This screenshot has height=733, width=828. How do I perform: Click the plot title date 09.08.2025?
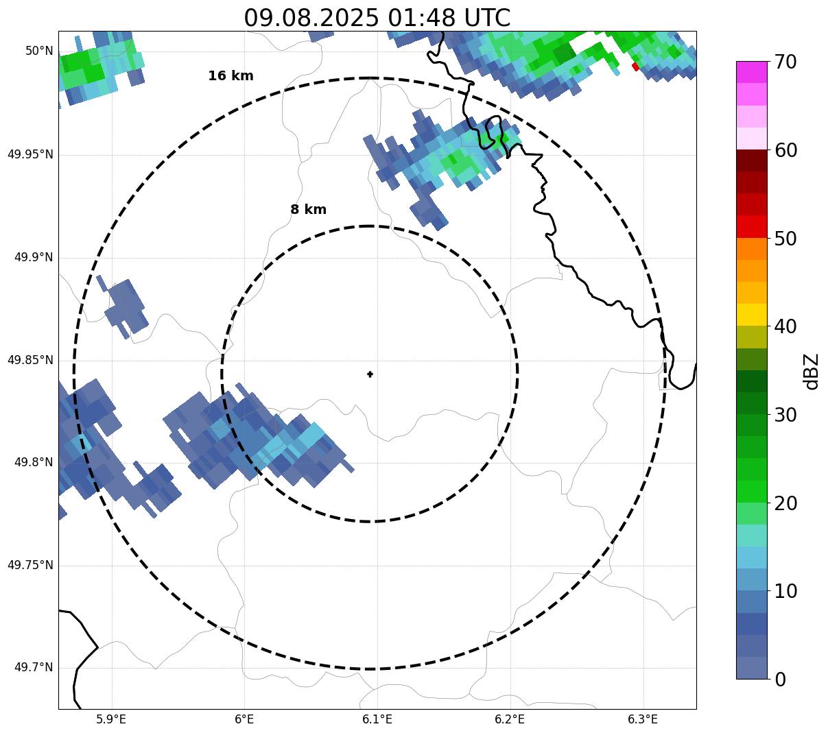tap(311, 18)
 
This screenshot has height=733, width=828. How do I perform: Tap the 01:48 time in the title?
tap(422, 18)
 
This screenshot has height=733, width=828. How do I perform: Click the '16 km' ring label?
tap(230, 76)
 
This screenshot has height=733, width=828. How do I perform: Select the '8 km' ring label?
tap(308, 210)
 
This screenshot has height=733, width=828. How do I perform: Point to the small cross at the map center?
tap(370, 374)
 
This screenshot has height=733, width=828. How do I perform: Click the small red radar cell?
tap(635, 67)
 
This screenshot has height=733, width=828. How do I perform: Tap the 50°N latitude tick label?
tap(39, 51)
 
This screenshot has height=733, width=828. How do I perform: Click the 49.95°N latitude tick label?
tap(30, 154)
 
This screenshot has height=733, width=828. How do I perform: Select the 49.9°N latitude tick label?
tap(34, 257)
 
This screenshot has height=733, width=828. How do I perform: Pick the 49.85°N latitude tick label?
tap(30, 360)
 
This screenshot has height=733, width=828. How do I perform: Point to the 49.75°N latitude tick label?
tap(30, 565)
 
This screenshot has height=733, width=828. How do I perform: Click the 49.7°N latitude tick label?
tap(34, 668)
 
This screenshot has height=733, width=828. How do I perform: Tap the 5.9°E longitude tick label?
tap(111, 719)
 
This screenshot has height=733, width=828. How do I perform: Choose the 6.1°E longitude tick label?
tap(377, 719)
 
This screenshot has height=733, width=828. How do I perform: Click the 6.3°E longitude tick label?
tap(643, 719)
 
